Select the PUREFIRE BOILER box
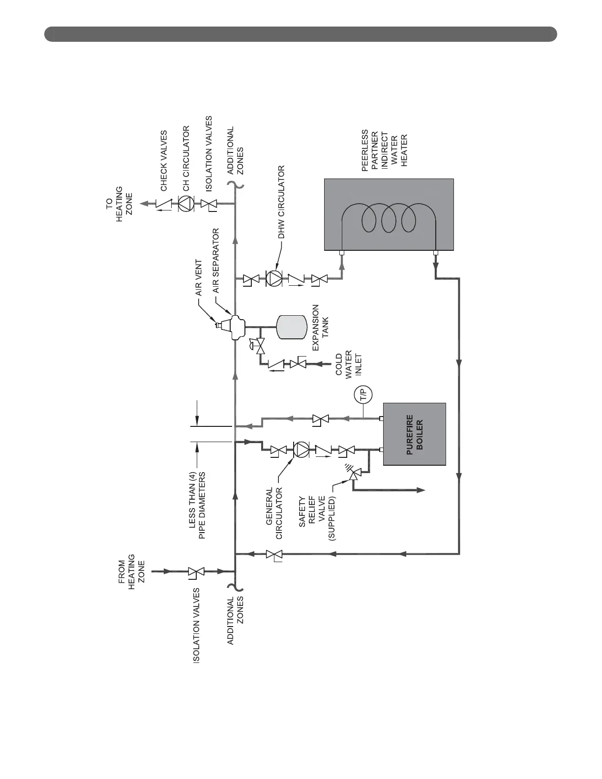(415, 434)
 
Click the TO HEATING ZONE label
(120, 204)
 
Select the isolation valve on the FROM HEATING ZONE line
(197, 571)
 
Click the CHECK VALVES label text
(164, 161)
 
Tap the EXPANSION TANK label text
(320, 328)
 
